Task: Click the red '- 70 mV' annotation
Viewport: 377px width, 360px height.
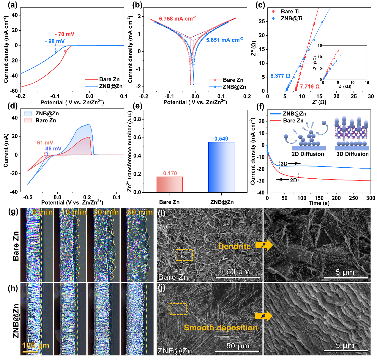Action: pos(65,34)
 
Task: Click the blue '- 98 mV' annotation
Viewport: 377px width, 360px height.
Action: pos(55,41)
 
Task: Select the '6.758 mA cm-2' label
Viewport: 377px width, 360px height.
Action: pos(177,19)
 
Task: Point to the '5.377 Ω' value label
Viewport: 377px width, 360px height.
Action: pos(280,76)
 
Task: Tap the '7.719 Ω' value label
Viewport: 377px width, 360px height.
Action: pos(310,87)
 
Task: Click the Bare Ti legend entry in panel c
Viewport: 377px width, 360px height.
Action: pos(290,12)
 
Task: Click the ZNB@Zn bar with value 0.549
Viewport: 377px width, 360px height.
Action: pos(221,167)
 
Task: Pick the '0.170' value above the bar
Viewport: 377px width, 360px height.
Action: pos(170,173)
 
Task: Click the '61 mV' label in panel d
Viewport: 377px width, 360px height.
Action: pos(45,143)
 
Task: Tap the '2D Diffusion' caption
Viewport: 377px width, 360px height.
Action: pos(308,154)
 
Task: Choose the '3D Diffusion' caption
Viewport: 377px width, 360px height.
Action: pos(352,154)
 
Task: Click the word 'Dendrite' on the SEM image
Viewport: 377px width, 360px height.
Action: pos(234,246)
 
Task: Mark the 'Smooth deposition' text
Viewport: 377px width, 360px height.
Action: pos(221,328)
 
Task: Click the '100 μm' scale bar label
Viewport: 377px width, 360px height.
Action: pos(35,345)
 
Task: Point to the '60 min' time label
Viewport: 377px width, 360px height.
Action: pos(140,212)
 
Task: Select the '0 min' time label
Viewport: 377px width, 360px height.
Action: pos(42,212)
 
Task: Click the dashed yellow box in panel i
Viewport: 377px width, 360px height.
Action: pos(184,255)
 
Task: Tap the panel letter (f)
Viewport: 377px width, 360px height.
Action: pos(260,106)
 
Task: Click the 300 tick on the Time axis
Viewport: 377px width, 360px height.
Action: pos(370,198)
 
